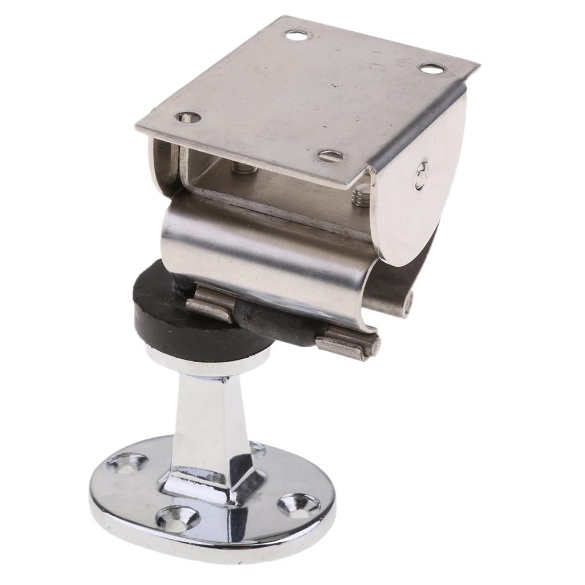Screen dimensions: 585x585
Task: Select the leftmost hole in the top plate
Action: (187, 118)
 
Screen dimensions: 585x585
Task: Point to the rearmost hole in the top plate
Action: (297, 37)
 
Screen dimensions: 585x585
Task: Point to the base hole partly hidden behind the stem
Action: (258, 449)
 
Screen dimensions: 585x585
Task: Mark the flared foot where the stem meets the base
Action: (211, 483)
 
